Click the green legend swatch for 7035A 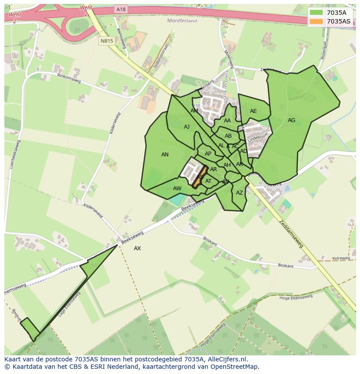316,13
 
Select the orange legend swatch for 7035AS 316,21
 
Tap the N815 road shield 107,41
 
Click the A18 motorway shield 120,9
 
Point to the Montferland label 182,20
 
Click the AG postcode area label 291,120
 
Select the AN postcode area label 165,155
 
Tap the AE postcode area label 253,111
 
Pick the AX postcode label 137,248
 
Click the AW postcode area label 177,189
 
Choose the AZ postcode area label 240,193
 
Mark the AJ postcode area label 187,127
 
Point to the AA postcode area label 227,121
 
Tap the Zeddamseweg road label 291,233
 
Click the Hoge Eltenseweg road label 296,297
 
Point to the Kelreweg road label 341,258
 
